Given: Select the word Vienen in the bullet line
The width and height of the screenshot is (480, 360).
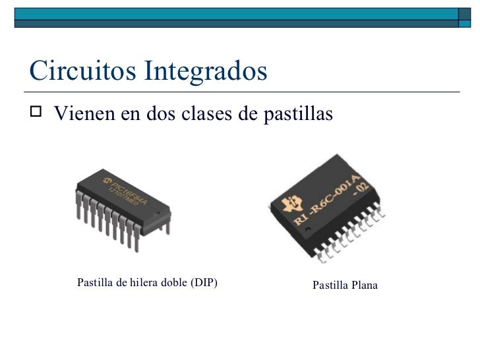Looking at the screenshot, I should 84,114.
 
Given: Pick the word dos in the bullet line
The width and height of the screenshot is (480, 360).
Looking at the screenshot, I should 154,114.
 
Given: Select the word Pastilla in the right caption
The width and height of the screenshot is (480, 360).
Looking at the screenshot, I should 330,285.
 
